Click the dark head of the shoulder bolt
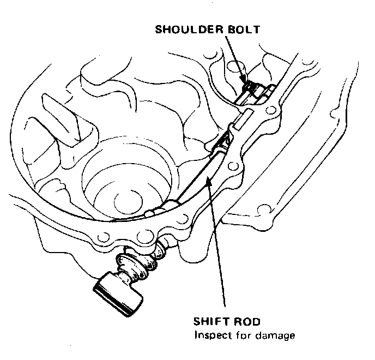[x=250, y=86]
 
